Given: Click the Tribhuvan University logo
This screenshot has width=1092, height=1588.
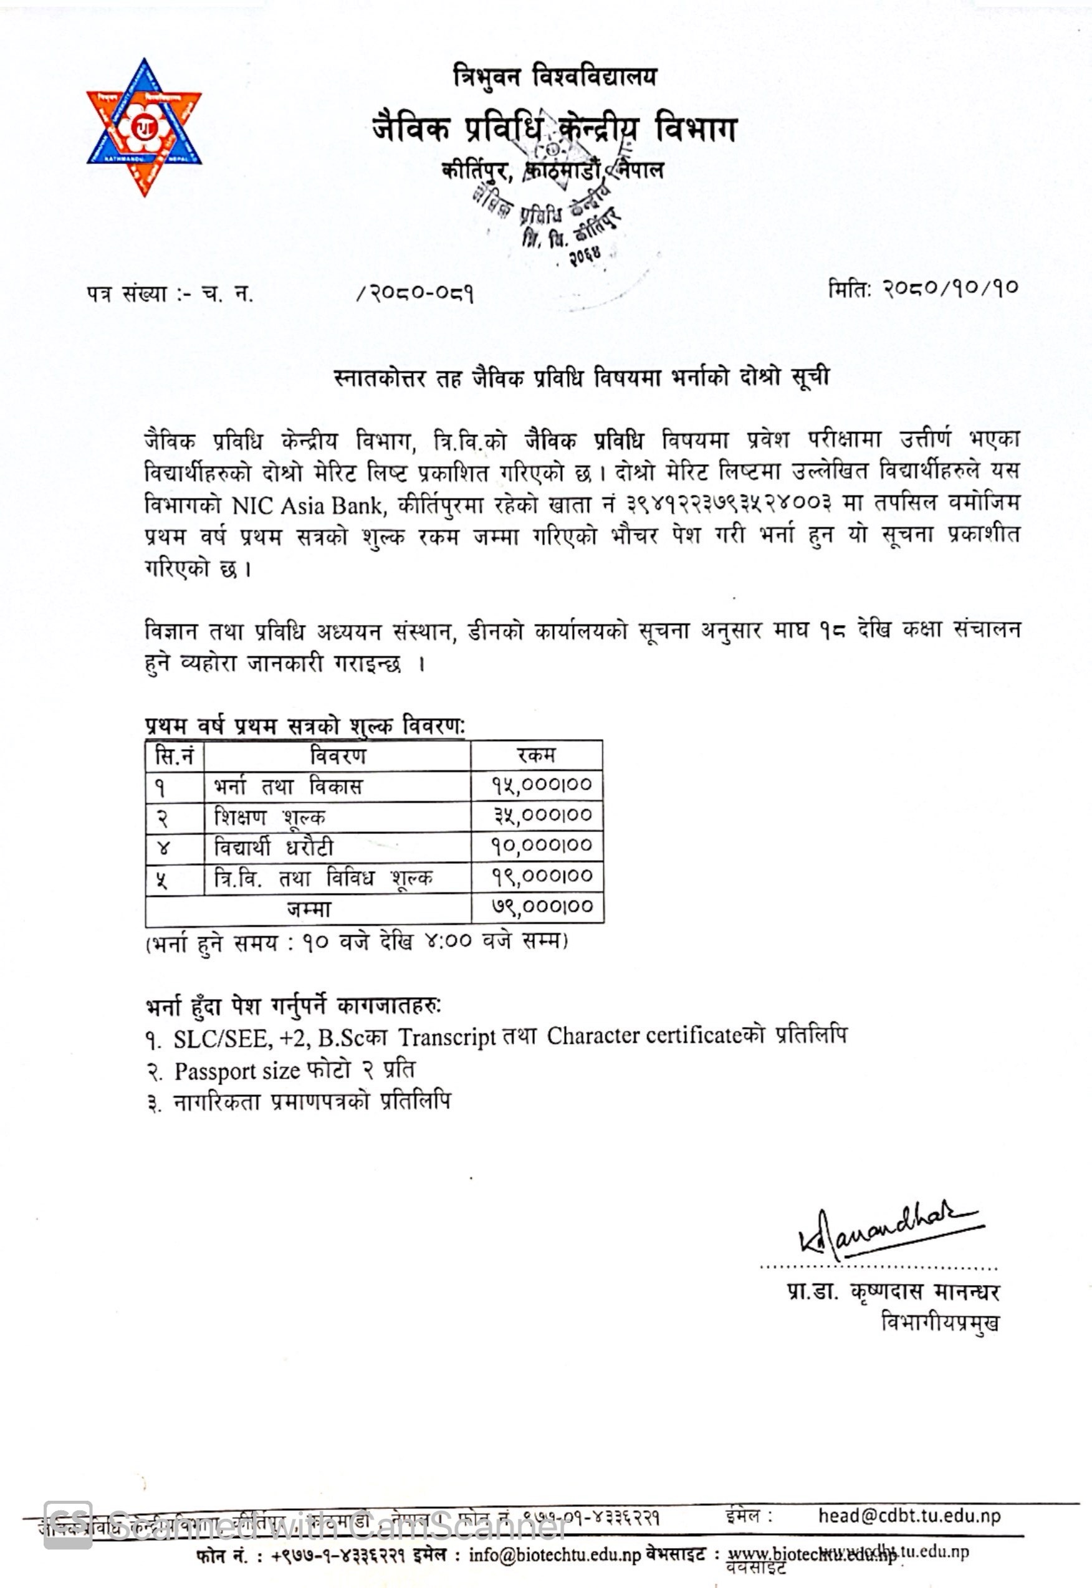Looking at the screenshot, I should (144, 127).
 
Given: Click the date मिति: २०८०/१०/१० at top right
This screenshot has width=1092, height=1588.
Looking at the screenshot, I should (923, 288).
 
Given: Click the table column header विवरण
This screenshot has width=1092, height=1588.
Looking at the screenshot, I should (337, 756).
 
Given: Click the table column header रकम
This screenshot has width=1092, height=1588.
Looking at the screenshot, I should (537, 755).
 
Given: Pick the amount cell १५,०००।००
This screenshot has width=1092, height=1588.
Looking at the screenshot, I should (542, 785).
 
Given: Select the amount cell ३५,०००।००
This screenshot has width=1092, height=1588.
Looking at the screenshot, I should (542, 816).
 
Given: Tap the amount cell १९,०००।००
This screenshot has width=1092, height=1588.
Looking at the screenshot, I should (542, 876).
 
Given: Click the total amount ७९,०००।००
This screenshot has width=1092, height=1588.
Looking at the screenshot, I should (542, 907).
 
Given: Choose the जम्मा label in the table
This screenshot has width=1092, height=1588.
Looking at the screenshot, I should (309, 909).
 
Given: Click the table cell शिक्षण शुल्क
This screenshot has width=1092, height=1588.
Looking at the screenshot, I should (270, 817).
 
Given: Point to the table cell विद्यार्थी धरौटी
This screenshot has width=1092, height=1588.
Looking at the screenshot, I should (274, 847).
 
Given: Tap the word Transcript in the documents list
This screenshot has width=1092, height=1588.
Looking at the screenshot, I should (447, 1037).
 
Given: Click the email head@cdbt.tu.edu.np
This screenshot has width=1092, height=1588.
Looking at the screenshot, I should (909, 1516).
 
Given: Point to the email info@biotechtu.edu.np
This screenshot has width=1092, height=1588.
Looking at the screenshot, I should (554, 1555).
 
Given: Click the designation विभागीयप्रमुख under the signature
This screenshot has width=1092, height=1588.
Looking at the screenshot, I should (940, 1322).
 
